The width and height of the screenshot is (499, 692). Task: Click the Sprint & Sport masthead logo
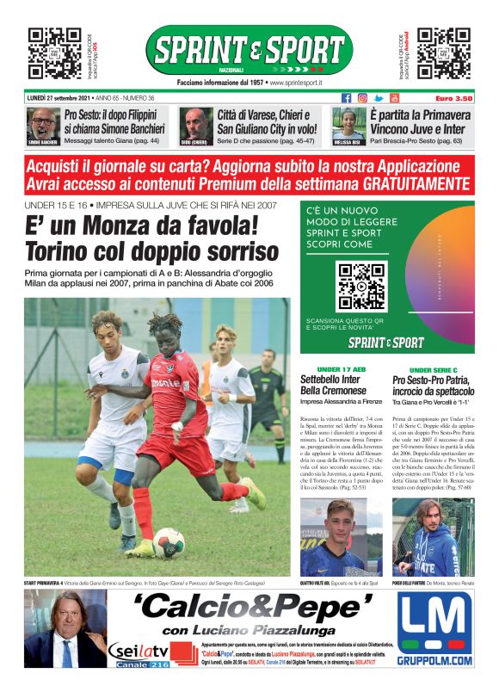[249, 50]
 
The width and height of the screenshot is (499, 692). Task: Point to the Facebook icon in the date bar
[347, 98]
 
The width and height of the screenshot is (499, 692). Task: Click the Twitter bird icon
[379, 98]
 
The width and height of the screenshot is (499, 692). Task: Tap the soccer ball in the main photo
[169, 543]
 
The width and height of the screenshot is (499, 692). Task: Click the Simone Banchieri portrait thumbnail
[41, 126]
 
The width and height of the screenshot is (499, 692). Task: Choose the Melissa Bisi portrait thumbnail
[349, 126]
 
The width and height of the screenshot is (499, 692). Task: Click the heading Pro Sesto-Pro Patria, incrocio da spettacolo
[433, 385]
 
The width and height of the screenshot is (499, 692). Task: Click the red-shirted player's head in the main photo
[161, 328]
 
